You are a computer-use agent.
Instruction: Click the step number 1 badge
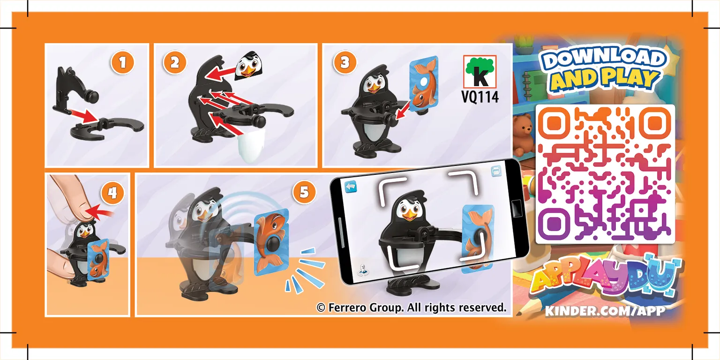pyautogui.click(x=122, y=63)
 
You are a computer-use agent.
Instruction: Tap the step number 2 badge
pyautogui.click(x=174, y=63)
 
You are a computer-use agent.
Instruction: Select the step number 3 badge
pyautogui.click(x=345, y=63)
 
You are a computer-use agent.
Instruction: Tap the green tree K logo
pyautogui.click(x=480, y=71)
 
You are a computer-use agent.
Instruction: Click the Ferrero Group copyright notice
pyautogui.click(x=412, y=307)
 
